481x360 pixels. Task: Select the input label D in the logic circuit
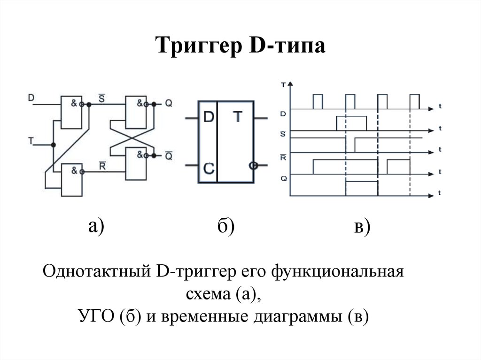(31, 98)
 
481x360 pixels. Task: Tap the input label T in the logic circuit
(31, 140)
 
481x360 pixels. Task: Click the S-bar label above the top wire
(101, 97)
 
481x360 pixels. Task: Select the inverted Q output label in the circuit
(168, 155)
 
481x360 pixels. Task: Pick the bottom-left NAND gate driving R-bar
(71, 180)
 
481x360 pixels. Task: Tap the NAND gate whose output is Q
(136, 112)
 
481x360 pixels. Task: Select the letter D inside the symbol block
(207, 118)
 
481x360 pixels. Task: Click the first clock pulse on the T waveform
(318, 101)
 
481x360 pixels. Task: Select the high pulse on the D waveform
(351, 123)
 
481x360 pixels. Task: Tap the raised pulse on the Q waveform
(362, 187)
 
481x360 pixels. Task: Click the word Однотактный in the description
(97, 272)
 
